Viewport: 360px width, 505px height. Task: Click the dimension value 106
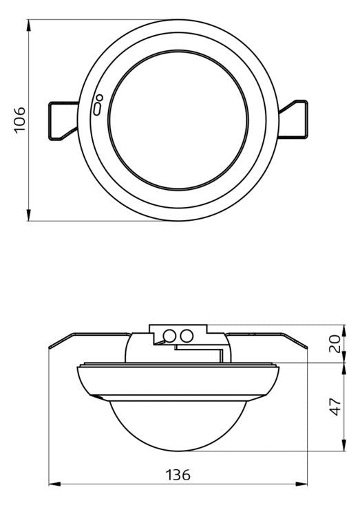click(20, 119)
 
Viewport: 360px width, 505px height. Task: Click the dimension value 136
click(178, 475)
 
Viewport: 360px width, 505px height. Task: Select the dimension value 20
click(335, 344)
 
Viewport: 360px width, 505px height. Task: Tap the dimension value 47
click(335, 407)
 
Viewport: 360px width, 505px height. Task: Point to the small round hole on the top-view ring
click(100, 97)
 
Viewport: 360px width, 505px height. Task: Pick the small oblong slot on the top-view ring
click(97, 109)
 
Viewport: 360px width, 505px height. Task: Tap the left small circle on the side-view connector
click(169, 336)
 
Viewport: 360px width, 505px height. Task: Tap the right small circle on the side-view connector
click(187, 336)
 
